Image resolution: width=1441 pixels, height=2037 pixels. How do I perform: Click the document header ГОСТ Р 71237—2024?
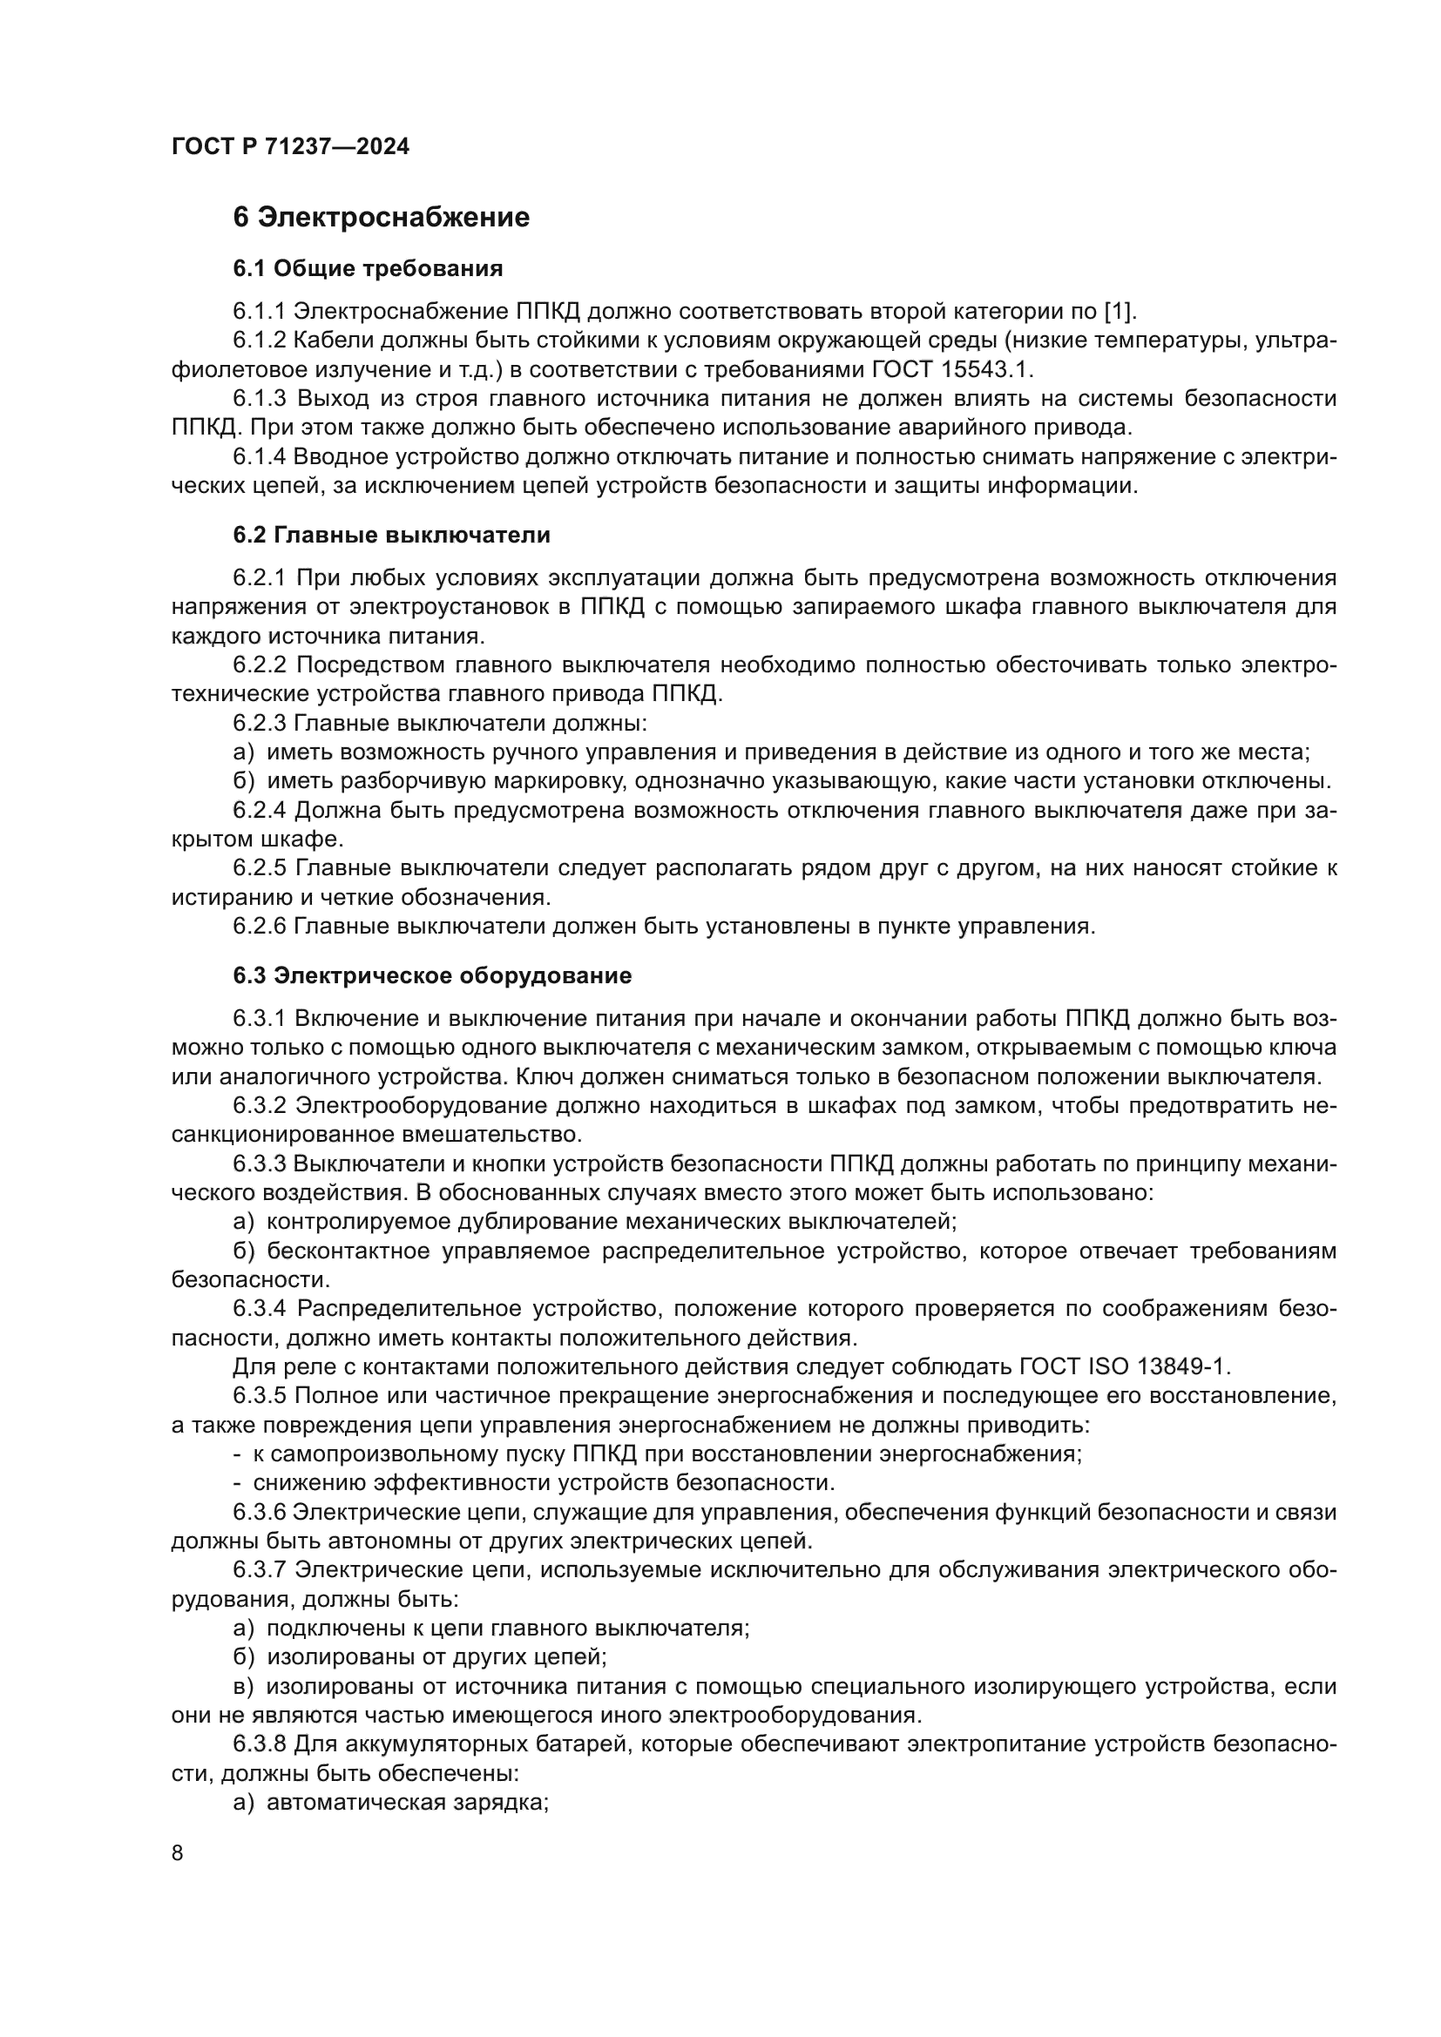pos(290,147)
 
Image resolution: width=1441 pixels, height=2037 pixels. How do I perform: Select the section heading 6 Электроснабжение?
pos(381,218)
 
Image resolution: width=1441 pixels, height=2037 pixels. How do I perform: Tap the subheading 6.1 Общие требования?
pos(368,268)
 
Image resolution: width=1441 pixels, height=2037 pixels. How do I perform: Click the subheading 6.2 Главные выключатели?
pos(391,535)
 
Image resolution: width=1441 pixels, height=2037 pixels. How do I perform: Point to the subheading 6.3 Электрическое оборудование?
pos(432,976)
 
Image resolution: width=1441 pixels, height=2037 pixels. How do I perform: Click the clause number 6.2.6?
pos(259,927)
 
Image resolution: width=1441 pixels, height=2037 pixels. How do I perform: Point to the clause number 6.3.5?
pos(259,1395)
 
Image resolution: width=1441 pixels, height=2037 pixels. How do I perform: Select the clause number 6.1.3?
pos(259,398)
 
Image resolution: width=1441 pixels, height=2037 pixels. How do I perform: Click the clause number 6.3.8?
pos(259,1744)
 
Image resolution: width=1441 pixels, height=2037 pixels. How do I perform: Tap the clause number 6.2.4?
pos(259,810)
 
